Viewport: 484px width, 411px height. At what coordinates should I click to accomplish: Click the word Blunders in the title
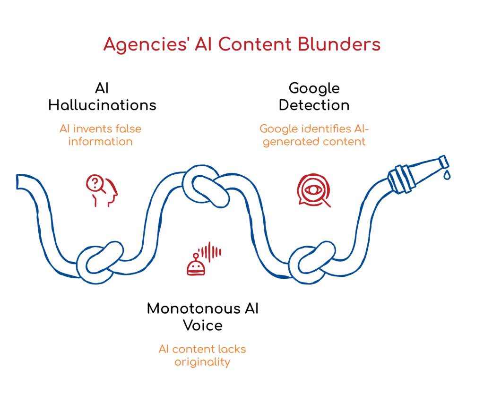point(339,44)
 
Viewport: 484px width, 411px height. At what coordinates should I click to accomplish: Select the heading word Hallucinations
point(102,104)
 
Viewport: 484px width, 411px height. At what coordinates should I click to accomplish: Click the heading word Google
point(314,88)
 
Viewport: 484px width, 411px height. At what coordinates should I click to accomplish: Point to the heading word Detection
point(314,104)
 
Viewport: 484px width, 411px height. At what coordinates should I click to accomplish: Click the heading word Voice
point(203,325)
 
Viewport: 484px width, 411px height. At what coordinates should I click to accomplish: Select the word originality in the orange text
point(202,362)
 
